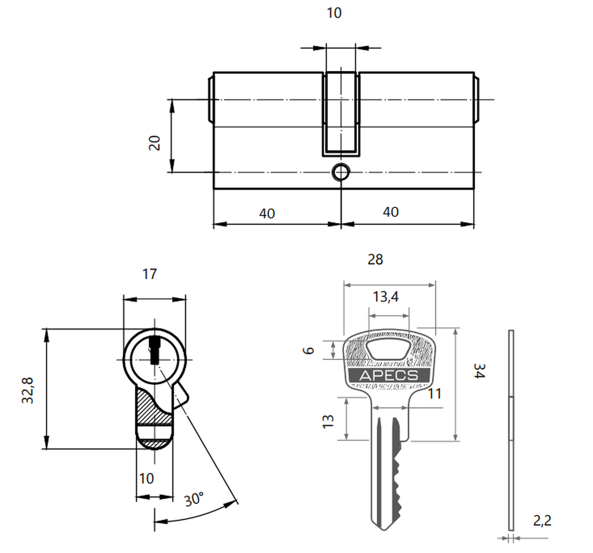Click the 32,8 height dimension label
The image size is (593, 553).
pyautogui.click(x=28, y=390)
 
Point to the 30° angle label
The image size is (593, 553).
pyautogui.click(x=194, y=499)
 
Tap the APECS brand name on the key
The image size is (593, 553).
pyautogui.click(x=389, y=375)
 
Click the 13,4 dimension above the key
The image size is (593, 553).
pyautogui.click(x=386, y=297)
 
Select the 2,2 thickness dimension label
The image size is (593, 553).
pyautogui.click(x=542, y=521)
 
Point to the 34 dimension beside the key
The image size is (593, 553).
pyautogui.click(x=479, y=371)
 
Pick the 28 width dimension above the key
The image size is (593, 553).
pyautogui.click(x=375, y=260)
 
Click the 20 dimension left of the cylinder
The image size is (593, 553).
pyautogui.click(x=155, y=143)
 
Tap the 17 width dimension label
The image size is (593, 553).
pyautogui.click(x=149, y=274)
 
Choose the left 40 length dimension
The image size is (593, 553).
pyautogui.click(x=267, y=213)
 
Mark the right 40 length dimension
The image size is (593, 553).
pyautogui.click(x=391, y=212)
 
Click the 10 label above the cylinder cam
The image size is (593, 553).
pyautogui.click(x=334, y=13)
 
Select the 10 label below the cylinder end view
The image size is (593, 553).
pyautogui.click(x=147, y=478)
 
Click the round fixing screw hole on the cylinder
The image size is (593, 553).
pyautogui.click(x=341, y=173)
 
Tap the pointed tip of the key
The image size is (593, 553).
pyautogui.click(x=385, y=530)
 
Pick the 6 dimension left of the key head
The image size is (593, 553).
pyautogui.click(x=309, y=351)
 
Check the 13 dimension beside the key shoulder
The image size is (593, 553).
pyautogui.click(x=328, y=421)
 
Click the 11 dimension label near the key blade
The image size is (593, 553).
pyautogui.click(x=435, y=394)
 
